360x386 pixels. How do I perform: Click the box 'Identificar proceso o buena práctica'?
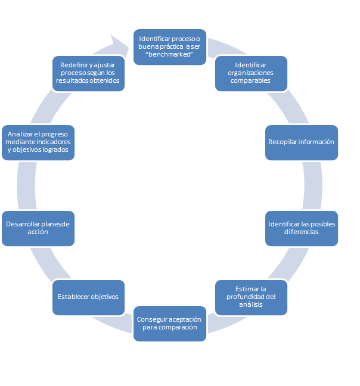pos(170,46)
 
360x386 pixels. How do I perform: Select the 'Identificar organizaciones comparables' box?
pos(251,73)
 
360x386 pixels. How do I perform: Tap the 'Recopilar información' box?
pos(301,142)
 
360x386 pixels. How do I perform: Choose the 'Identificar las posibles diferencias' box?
pos(301,228)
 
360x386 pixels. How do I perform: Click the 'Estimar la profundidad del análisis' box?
pos(251,297)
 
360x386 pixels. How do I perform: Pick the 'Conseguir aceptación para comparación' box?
pos(170,323)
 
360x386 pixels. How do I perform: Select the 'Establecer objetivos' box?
pos(88,297)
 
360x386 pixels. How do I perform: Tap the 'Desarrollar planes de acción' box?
pos(38,228)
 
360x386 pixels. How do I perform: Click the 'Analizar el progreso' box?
pos(38,142)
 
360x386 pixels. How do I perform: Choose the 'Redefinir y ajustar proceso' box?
pos(88,73)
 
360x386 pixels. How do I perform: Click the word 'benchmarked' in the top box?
pos(170,54)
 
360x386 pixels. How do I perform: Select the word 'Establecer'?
pos(75,297)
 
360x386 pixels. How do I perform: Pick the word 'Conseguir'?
pos(152,319)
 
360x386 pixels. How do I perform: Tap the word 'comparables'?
pos(251,80)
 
